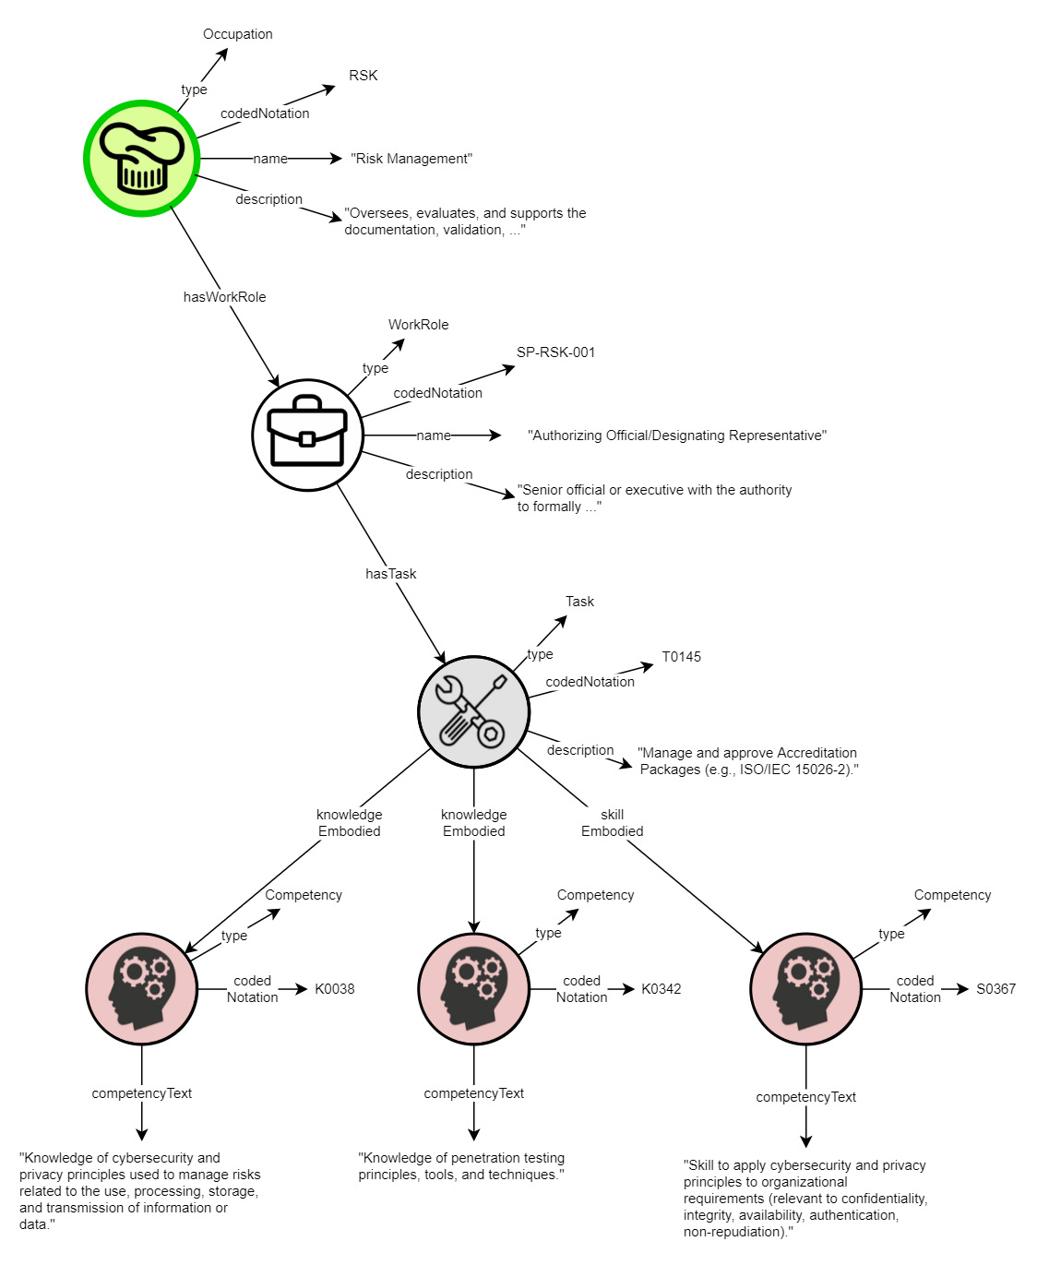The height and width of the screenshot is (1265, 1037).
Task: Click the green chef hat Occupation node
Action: click(x=141, y=159)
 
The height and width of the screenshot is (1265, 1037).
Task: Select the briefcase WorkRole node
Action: click(x=307, y=435)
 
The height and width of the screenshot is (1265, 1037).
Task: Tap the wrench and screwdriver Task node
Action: click(x=473, y=711)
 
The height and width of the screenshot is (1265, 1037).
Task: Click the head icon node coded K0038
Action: click(x=141, y=988)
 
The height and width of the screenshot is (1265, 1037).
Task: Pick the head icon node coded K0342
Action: click(x=473, y=988)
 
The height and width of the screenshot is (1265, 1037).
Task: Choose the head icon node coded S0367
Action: click(x=805, y=988)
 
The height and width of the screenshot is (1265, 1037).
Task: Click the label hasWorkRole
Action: click(x=224, y=297)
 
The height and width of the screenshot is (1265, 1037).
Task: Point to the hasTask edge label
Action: click(x=390, y=574)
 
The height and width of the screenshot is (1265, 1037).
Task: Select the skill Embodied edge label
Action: click(x=612, y=823)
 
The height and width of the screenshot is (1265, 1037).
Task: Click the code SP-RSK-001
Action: click(x=555, y=352)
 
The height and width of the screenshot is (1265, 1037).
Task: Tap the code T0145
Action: click(x=681, y=657)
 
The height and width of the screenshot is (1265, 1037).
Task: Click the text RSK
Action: click(x=363, y=76)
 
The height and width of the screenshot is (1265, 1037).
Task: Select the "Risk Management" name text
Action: click(x=411, y=159)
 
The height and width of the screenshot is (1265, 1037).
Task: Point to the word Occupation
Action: click(x=237, y=34)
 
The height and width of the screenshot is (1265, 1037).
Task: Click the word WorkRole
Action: click(x=418, y=325)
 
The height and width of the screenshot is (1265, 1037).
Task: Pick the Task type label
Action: click(x=579, y=602)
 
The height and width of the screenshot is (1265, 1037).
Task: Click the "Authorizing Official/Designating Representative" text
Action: click(x=676, y=436)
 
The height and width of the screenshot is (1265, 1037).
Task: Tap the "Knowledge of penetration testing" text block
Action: click(x=461, y=1166)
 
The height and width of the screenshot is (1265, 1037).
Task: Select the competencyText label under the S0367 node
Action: click(x=805, y=1097)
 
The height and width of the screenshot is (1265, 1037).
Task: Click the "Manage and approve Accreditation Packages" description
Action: click(x=748, y=761)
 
